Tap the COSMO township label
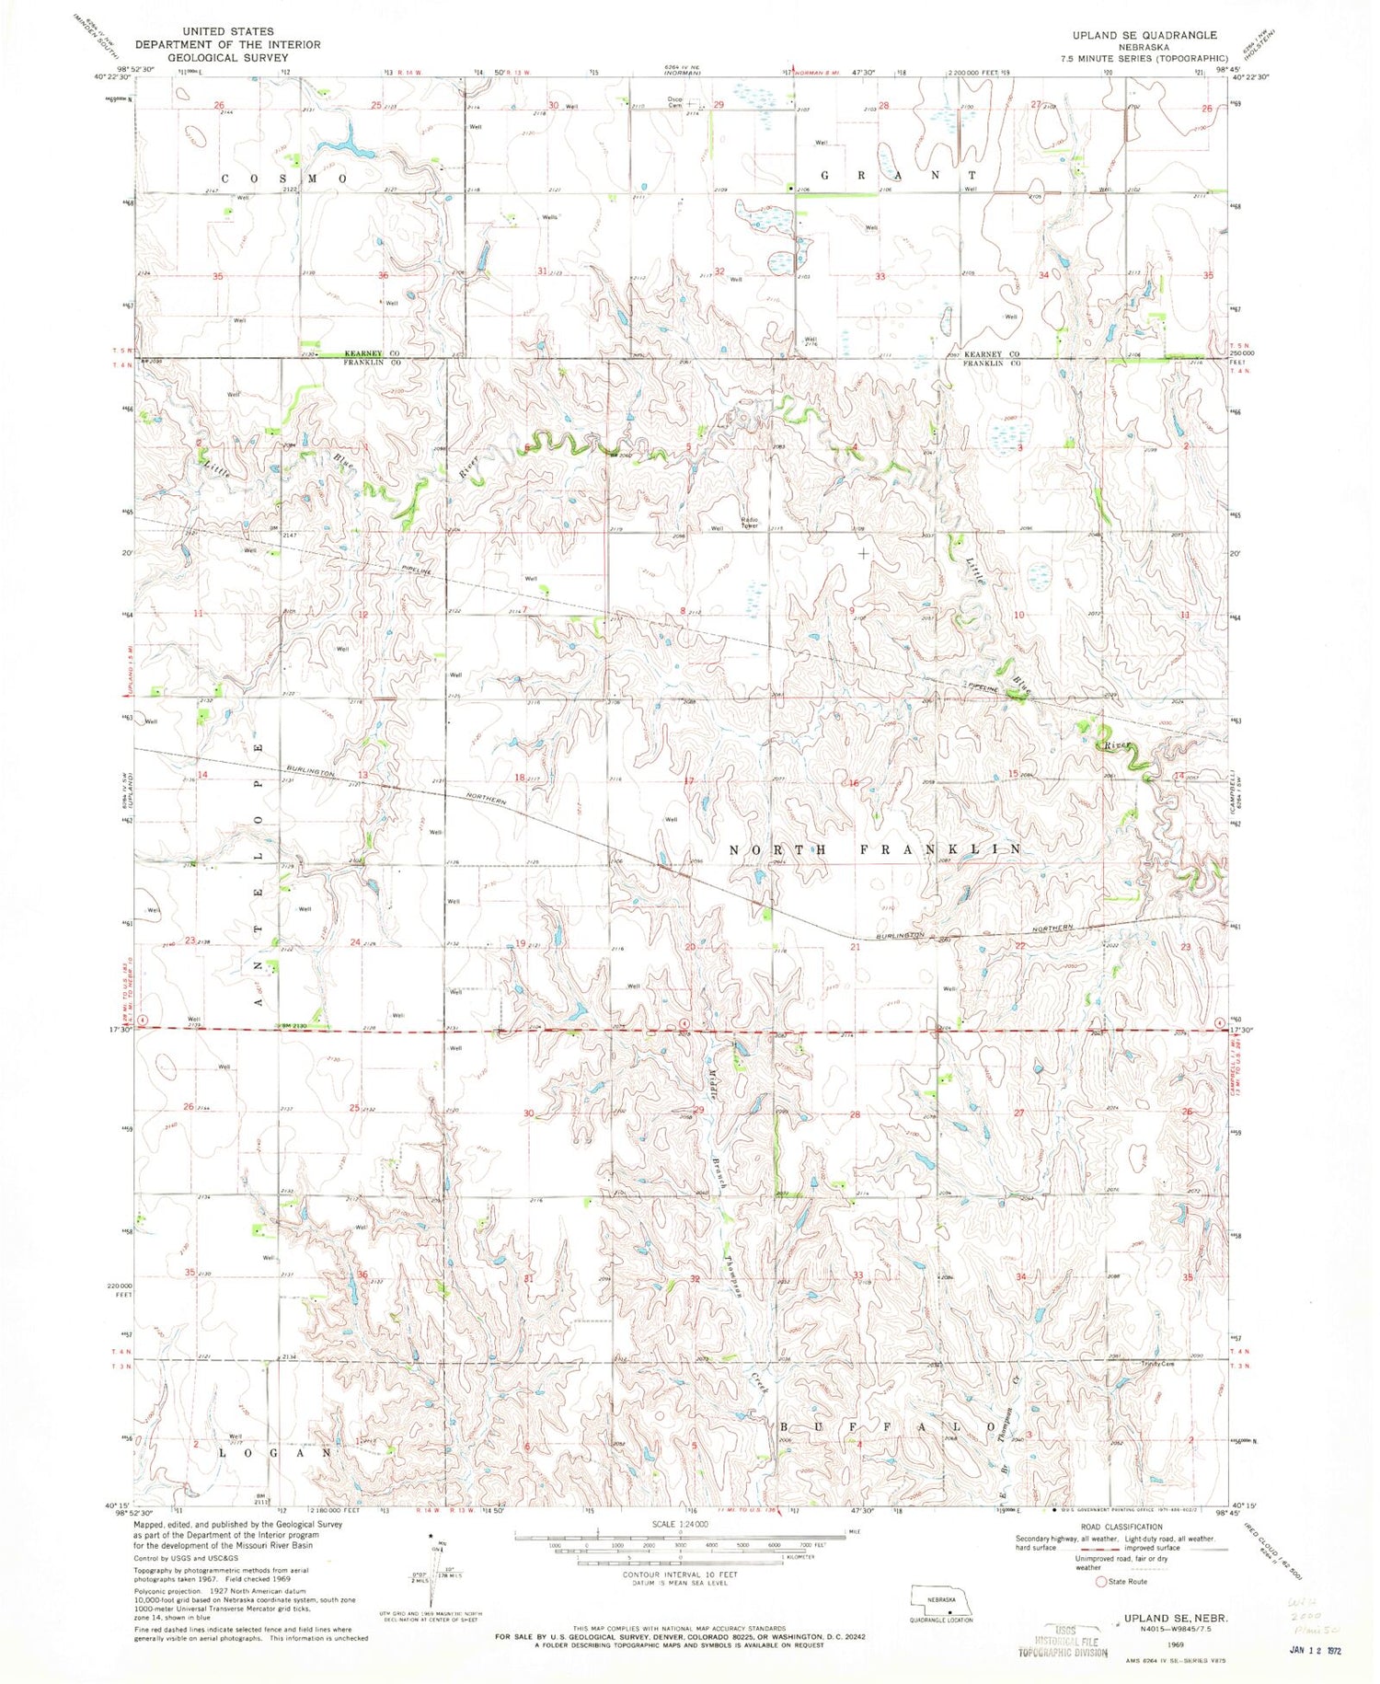click(283, 179)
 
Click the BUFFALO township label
click(889, 1426)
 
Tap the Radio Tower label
click(749, 523)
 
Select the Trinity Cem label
click(1158, 1364)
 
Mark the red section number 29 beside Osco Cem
click(718, 105)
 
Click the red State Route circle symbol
click(1099, 1581)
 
